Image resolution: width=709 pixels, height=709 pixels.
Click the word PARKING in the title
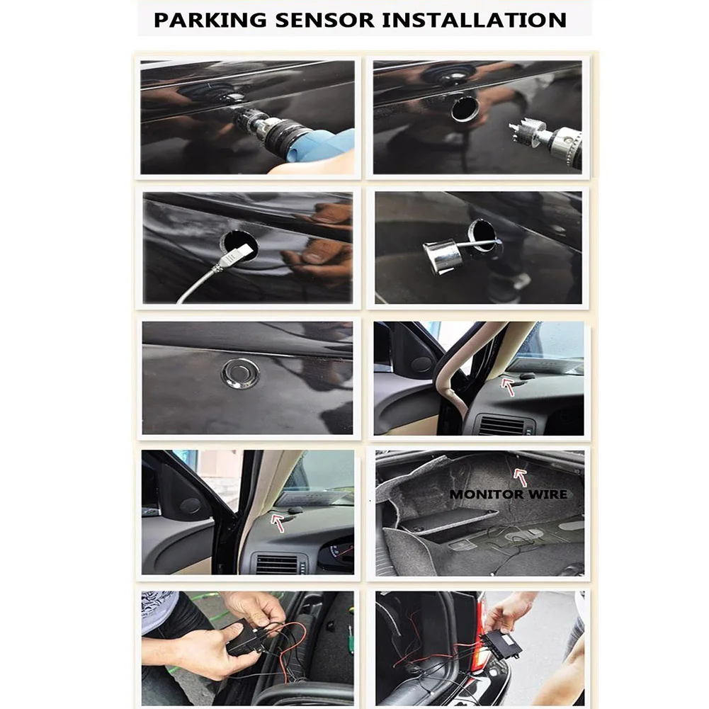coord(210,21)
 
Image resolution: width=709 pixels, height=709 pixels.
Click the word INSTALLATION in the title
coord(475,21)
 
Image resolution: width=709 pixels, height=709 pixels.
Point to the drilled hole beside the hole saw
coord(464,108)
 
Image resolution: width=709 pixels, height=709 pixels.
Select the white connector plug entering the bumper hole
coord(235,254)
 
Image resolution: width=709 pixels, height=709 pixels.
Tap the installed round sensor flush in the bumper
coord(241,373)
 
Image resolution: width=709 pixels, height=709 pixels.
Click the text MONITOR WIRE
coord(509,494)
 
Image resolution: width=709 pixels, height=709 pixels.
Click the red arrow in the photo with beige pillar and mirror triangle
coord(508,387)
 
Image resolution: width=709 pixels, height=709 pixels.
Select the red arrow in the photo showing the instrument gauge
coord(278,522)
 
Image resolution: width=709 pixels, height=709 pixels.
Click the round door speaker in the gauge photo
coord(191,506)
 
